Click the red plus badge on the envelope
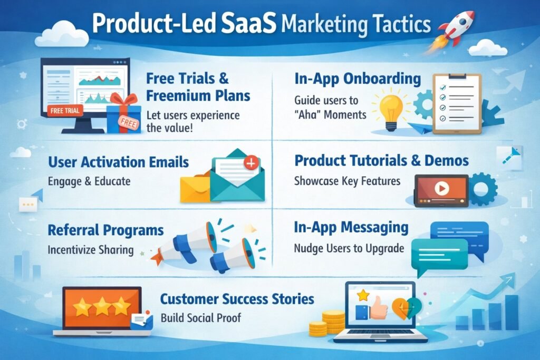pyautogui.click(x=252, y=164)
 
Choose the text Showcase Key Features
pyautogui.click(x=347, y=181)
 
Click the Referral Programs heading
pyautogui.click(x=105, y=230)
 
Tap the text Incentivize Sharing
pyautogui.click(x=90, y=249)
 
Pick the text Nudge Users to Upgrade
pyautogui.click(x=349, y=248)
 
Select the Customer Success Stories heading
pyautogui.click(x=237, y=299)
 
